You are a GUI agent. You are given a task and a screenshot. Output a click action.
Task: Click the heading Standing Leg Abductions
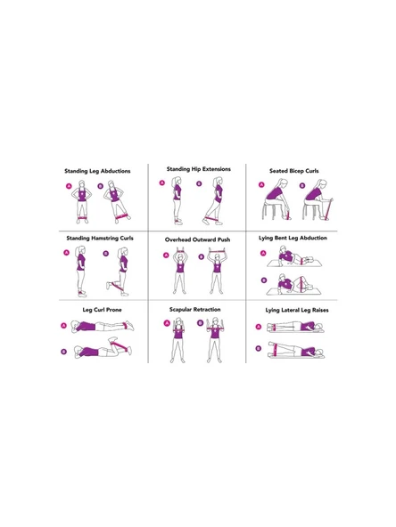[x=97, y=171]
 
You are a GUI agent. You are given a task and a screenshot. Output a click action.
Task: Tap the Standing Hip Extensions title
[x=199, y=169]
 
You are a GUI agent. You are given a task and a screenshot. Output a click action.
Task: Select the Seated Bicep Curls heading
[x=294, y=171]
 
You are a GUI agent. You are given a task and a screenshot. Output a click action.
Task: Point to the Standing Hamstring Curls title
[x=100, y=239]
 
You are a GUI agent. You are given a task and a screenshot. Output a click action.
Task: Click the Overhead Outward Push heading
[x=198, y=239]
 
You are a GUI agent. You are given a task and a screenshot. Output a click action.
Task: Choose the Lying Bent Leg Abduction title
[x=293, y=238]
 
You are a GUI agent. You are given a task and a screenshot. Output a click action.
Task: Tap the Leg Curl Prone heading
[x=102, y=310]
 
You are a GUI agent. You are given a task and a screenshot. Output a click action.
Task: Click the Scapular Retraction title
[x=195, y=310]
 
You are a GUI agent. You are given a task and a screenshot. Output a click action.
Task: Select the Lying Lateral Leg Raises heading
[x=297, y=310]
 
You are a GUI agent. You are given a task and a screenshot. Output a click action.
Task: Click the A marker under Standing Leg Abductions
[x=69, y=186]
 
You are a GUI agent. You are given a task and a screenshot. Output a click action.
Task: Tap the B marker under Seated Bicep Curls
[x=302, y=185]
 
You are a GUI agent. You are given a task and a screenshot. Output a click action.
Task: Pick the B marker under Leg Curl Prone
[x=64, y=352]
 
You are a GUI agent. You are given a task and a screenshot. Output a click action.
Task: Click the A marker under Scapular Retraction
[x=167, y=323]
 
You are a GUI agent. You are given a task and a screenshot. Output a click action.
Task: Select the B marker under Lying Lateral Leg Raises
[x=259, y=349]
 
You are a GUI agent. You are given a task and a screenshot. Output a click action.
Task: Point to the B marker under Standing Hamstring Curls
[x=106, y=254]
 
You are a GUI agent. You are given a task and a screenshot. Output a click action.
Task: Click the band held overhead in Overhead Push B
[x=218, y=250]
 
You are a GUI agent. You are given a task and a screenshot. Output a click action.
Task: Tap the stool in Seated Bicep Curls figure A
[x=268, y=210]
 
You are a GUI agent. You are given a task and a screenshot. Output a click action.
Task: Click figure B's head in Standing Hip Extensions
[x=219, y=181]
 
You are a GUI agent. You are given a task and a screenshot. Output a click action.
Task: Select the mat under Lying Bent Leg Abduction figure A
[x=294, y=263]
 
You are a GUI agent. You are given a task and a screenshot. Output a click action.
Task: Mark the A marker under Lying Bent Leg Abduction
[x=263, y=253]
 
